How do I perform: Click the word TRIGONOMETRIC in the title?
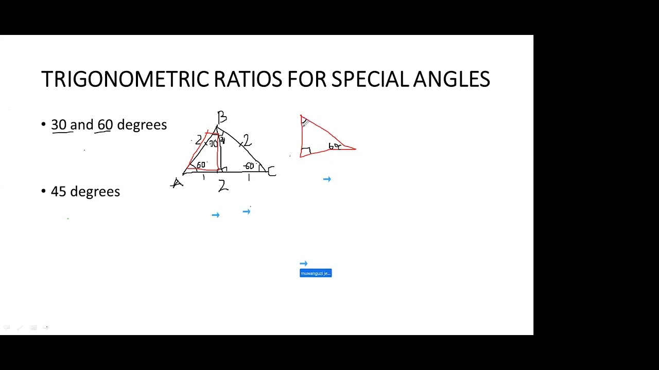point(125,80)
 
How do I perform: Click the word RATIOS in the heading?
point(248,80)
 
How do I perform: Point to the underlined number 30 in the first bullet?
point(59,125)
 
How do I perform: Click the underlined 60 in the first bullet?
point(105,125)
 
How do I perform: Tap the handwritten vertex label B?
point(222,117)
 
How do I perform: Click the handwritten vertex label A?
point(177,183)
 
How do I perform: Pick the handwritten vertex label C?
point(271,171)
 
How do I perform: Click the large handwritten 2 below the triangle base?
point(222,186)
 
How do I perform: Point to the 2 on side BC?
point(247,140)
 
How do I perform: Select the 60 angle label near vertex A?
point(200,165)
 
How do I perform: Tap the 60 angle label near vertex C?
point(249,166)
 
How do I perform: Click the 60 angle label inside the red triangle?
point(335,146)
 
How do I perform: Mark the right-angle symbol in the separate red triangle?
point(306,151)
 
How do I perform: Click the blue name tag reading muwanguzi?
point(316,273)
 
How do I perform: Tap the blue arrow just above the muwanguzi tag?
point(303,264)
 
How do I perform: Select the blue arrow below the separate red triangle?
point(327,179)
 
